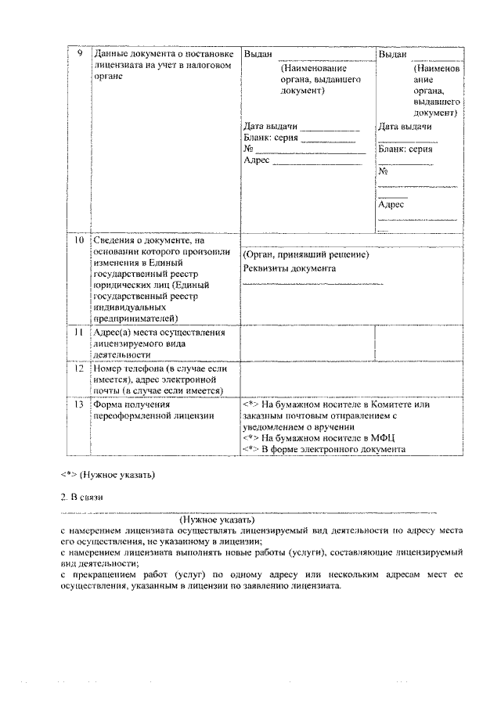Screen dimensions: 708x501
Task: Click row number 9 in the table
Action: (77, 54)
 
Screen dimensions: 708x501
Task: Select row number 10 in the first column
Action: (77, 241)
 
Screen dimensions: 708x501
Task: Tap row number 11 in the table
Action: (77, 332)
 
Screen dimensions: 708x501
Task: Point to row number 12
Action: (77, 368)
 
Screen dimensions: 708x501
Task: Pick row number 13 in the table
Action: (77, 405)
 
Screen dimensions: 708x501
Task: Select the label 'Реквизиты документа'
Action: (290, 268)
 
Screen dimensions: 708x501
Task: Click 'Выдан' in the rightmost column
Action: (392, 54)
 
